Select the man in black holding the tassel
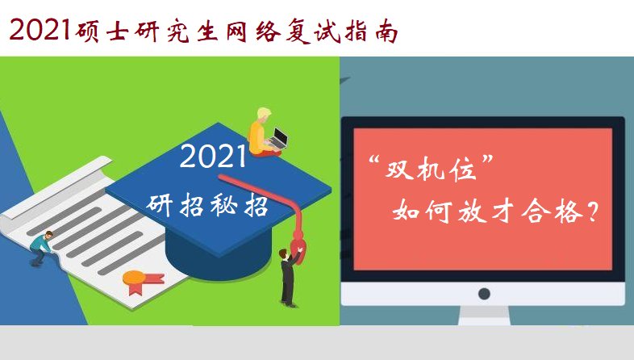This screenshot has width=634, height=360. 287,274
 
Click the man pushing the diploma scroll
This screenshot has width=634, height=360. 43,246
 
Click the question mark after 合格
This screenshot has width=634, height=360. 594,213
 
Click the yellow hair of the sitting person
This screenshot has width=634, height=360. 264,113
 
